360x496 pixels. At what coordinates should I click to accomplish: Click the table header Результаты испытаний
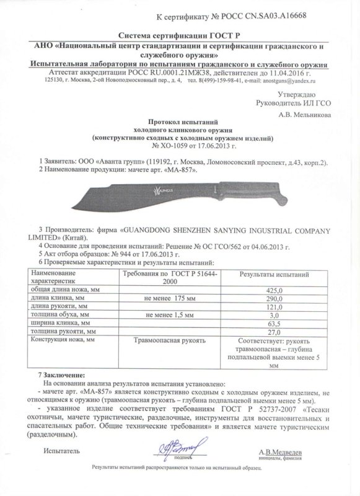point(265,273)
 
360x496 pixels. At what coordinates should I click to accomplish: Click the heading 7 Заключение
point(64,376)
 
